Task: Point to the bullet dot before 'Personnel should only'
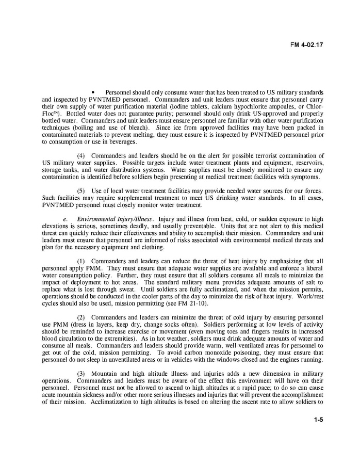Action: coord(93,92)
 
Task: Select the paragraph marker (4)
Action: coord(82,155)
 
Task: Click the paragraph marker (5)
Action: coord(82,191)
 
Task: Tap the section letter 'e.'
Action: coord(66,219)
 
